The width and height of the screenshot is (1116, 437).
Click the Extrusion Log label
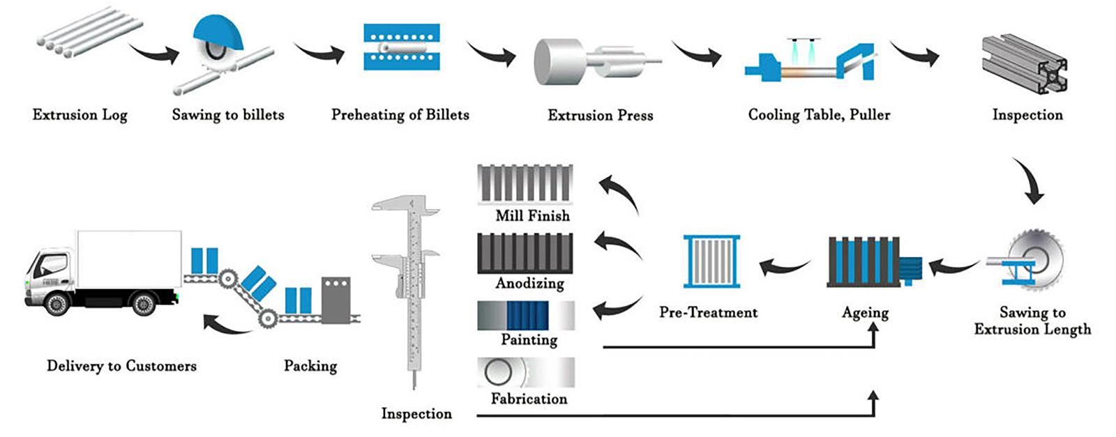pyautogui.click(x=80, y=115)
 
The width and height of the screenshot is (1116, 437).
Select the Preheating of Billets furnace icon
pyautogui.click(x=401, y=47)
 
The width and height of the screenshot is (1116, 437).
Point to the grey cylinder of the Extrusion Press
pyautogui.click(x=559, y=61)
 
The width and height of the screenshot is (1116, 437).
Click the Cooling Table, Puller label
pyautogui.click(x=819, y=115)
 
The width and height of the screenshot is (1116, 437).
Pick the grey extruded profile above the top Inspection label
pyautogui.click(x=1025, y=63)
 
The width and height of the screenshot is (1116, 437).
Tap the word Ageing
pyautogui.click(x=865, y=313)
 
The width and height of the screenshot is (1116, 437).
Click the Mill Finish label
pyautogui.click(x=532, y=216)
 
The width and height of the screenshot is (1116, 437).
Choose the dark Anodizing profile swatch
pyautogui.click(x=525, y=252)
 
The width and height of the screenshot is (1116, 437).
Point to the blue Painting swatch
pyautogui.click(x=527, y=315)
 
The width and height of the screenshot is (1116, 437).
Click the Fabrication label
pyautogui.click(x=529, y=399)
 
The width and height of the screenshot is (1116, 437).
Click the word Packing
pyautogui.click(x=310, y=366)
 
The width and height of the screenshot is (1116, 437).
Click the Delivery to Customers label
pyautogui.click(x=121, y=366)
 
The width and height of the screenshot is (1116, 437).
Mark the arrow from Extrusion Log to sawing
pyautogui.click(x=154, y=53)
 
